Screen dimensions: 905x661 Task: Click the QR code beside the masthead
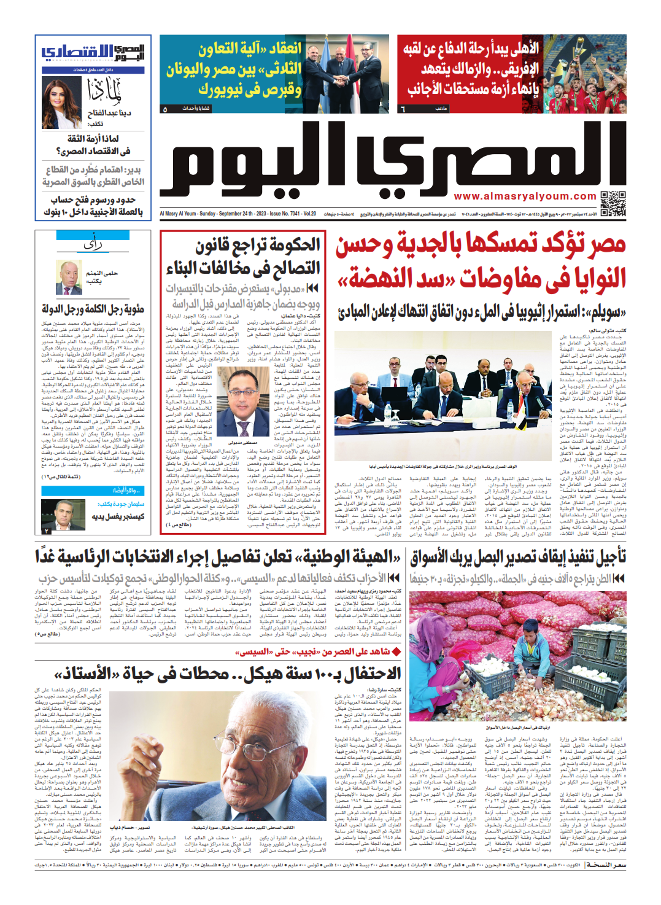tap(613, 203)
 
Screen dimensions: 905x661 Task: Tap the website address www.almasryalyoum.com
tap(525, 196)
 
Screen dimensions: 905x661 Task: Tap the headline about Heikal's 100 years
tap(227, 674)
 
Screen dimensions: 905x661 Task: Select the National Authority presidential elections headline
tap(218, 557)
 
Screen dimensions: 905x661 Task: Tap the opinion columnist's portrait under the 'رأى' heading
tap(69, 278)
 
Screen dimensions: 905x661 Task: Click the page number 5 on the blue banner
tap(165, 109)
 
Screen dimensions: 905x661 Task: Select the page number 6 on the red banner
tap(403, 109)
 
